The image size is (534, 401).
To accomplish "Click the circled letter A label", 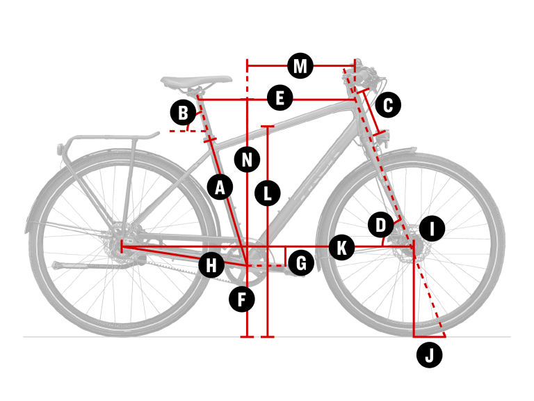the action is (x=220, y=187).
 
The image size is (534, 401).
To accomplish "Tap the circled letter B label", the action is (x=184, y=112).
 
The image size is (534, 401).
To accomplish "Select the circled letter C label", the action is (x=388, y=105).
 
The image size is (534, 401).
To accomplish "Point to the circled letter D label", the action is (x=381, y=225).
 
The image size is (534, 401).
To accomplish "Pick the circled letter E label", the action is (x=280, y=98).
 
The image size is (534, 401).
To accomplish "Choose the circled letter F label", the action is (x=242, y=299).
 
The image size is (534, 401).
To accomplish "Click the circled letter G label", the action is (x=301, y=263).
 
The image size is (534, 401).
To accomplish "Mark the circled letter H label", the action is (x=211, y=265).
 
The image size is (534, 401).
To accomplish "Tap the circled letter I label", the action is (x=432, y=228).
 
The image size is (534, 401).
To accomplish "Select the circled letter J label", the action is (x=430, y=355).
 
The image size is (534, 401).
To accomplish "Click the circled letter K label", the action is (x=341, y=247).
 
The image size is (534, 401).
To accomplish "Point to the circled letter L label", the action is (x=268, y=194).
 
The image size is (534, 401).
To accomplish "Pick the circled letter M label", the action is (x=300, y=65).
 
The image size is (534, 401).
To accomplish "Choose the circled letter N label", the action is (x=248, y=159).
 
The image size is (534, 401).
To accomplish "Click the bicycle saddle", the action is (x=196, y=82).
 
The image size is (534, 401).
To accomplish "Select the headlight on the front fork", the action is (x=384, y=137).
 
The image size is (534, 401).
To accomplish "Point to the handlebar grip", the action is (x=365, y=74).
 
